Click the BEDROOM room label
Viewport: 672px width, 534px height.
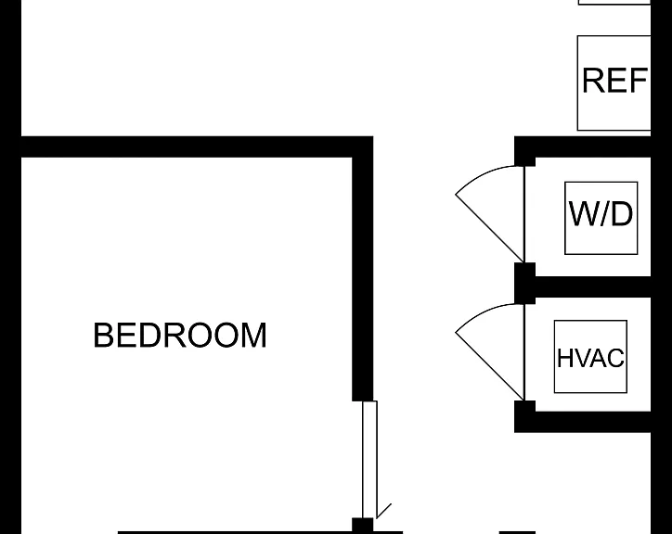coord(180,335)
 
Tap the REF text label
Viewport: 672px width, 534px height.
coord(614,80)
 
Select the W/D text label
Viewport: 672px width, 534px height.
coord(601,213)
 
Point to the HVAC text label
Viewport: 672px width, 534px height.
coord(590,358)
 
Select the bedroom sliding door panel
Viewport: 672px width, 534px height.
coord(369,460)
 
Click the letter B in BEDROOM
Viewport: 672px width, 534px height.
coord(103,335)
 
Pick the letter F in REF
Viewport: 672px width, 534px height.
coord(639,80)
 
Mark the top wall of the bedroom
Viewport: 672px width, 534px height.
coord(197,146)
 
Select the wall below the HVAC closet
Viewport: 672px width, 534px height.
coord(583,422)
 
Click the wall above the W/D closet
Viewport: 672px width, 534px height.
coord(583,146)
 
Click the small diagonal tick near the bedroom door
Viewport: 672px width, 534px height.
coord(383,511)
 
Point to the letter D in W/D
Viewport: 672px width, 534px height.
coord(620,213)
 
